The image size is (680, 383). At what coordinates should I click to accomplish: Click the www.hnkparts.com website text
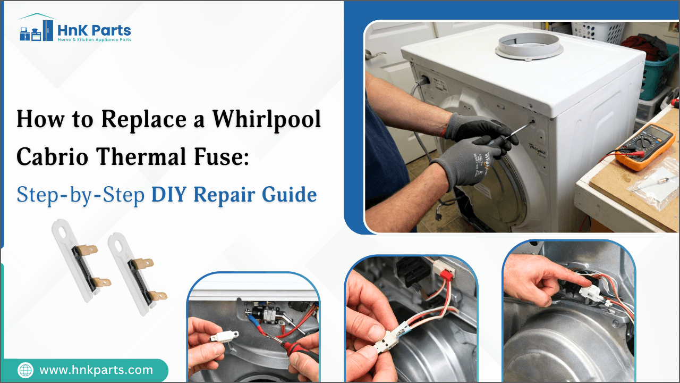[96, 370]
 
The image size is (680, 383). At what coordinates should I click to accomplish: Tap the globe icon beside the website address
[25, 370]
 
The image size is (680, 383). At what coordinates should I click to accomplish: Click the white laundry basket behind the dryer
[598, 31]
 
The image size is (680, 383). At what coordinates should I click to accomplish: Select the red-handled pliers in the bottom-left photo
[297, 351]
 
